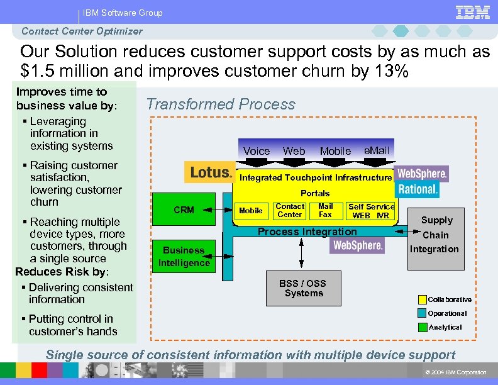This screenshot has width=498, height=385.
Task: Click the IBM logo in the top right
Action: (473, 12)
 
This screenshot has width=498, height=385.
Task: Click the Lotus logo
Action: (209, 172)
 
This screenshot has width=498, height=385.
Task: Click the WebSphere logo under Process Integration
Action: (357, 245)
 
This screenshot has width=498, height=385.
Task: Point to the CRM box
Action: (184, 209)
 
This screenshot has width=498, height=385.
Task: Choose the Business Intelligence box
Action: (184, 257)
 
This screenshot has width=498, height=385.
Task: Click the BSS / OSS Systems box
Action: (304, 288)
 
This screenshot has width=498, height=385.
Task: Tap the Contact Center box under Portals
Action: (290, 210)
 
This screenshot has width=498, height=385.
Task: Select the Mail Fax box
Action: (325, 210)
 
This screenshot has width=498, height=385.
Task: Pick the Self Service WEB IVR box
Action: (371, 211)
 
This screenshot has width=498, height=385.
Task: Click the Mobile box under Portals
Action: (251, 211)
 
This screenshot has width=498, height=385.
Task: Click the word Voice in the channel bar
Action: (257, 151)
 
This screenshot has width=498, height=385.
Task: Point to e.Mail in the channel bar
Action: (377, 150)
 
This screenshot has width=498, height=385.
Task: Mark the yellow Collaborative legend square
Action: (423, 299)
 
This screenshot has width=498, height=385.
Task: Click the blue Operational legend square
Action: (423, 313)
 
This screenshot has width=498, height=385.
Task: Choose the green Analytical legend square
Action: (423, 327)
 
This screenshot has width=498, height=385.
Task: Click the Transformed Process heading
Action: (221, 104)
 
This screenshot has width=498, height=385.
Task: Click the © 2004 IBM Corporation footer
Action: (456, 372)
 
